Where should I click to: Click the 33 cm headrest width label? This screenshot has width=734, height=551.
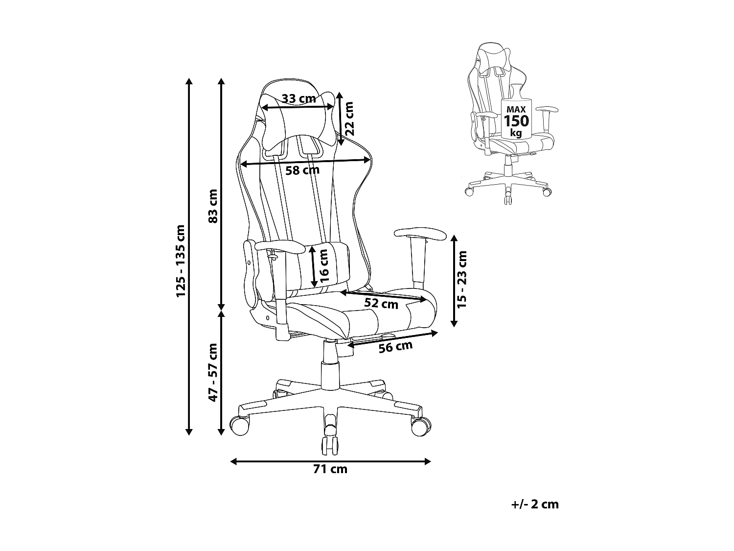pyautogui.click(x=299, y=98)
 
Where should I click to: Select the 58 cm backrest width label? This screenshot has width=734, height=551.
pyautogui.click(x=302, y=170)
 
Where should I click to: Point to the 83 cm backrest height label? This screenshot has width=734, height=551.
pyautogui.click(x=212, y=206)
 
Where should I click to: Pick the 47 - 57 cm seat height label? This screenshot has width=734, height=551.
pyautogui.click(x=213, y=372)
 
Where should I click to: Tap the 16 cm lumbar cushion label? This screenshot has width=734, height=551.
pyautogui.click(x=323, y=267)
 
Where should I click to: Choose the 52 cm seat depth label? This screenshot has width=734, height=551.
pyautogui.click(x=381, y=304)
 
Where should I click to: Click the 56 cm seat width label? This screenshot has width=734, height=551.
pyautogui.click(x=396, y=347)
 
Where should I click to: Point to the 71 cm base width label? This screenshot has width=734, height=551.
pyautogui.click(x=330, y=469)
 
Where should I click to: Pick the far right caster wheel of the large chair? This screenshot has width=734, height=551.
pyautogui.click(x=420, y=426)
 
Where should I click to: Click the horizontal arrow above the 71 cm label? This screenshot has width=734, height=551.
pyautogui.click(x=330, y=461)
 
